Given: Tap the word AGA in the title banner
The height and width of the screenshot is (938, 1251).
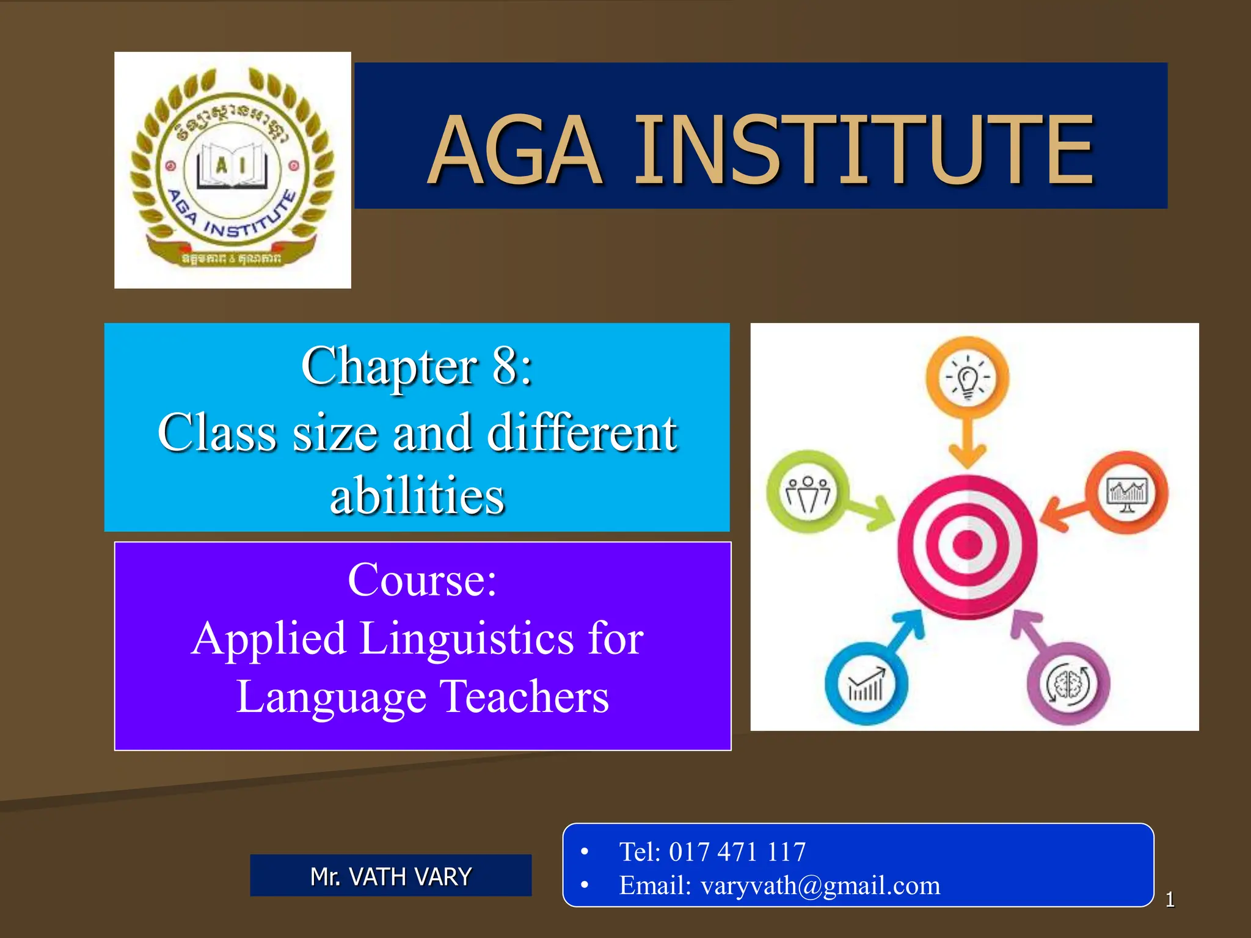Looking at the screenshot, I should (515, 150).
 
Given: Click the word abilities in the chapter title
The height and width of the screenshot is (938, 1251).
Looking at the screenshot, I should (417, 495).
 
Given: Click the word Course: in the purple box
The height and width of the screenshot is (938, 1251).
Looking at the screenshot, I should (422, 580).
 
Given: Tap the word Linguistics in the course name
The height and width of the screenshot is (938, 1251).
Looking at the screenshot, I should (467, 638).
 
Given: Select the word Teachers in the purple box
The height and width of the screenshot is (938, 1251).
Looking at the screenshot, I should (524, 697).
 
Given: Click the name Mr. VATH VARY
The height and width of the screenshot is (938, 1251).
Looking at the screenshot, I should (391, 876).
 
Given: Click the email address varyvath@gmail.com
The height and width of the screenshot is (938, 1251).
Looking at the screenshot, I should (820, 885).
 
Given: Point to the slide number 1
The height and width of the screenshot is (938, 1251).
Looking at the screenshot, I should (1169, 900).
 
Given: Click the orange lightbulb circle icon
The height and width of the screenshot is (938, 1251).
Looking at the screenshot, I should (967, 378).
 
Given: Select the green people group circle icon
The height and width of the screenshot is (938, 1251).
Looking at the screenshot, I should (808, 492).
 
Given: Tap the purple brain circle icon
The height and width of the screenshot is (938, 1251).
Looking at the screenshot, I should (1068, 683).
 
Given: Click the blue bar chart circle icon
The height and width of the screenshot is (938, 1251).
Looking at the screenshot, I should (866, 683).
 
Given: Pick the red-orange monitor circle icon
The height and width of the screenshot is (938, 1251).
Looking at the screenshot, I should (1127, 492).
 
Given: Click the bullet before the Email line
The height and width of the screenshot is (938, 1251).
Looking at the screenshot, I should (585, 885).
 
